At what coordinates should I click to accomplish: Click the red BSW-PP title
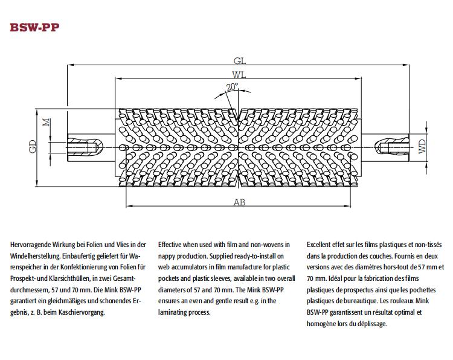(x=34, y=27)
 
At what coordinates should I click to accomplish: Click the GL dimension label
(x=240, y=61)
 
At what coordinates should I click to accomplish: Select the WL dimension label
(x=239, y=75)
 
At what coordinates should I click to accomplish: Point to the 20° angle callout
(x=232, y=86)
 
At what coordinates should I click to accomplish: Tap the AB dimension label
(x=240, y=202)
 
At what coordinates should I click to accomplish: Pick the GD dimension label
(x=33, y=146)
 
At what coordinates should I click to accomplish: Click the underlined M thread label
(x=47, y=122)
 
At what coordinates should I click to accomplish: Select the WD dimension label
(x=422, y=146)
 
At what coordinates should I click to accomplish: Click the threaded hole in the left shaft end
(x=82, y=147)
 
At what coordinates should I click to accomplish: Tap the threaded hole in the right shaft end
(x=395, y=147)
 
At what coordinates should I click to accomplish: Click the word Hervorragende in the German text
(x=30, y=245)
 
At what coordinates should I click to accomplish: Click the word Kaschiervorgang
(x=82, y=312)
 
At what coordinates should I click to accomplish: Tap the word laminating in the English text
(x=172, y=312)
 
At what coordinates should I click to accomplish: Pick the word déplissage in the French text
(x=372, y=324)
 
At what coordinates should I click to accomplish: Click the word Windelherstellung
(x=36, y=256)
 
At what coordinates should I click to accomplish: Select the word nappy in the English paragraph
(x=167, y=257)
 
